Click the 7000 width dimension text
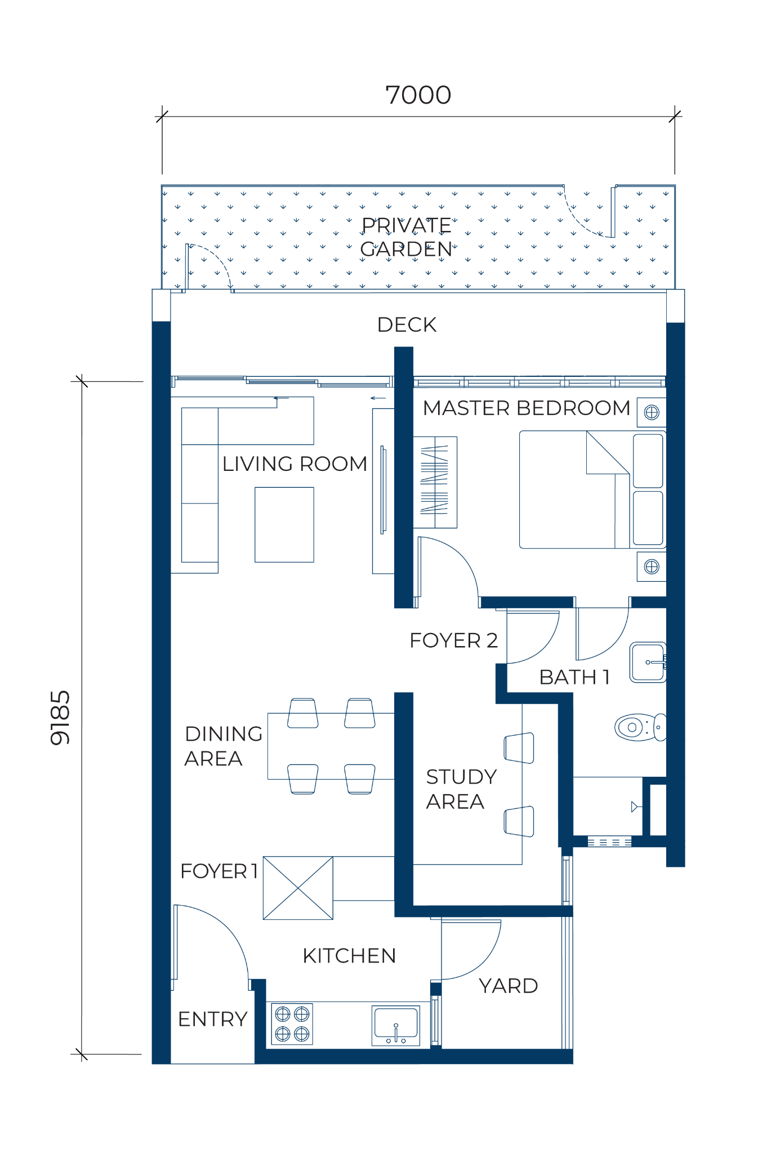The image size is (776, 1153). pyautogui.click(x=418, y=95)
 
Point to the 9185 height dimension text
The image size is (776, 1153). pyautogui.click(x=60, y=718)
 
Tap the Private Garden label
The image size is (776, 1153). pyautogui.click(x=406, y=237)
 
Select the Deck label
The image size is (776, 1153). pyautogui.click(x=407, y=324)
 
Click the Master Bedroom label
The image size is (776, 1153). pyautogui.click(x=527, y=408)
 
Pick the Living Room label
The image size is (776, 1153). pyautogui.click(x=295, y=464)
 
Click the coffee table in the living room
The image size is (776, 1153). pyautogui.click(x=284, y=524)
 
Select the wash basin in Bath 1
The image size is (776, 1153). pyautogui.click(x=648, y=662)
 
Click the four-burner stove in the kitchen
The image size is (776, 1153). pyautogui.click(x=292, y=1023)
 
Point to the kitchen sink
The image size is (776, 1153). pyautogui.click(x=396, y=1026)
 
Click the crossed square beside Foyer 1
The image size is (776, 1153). pyautogui.click(x=298, y=888)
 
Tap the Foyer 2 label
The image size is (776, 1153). pyautogui.click(x=454, y=640)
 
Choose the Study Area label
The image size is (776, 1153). pyautogui.click(x=461, y=789)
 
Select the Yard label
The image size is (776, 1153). pyautogui.click(x=509, y=986)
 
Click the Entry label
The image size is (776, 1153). pyautogui.click(x=213, y=1019)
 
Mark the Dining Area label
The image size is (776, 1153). pyautogui.click(x=224, y=746)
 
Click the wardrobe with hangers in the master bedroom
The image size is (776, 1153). pyautogui.click(x=435, y=482)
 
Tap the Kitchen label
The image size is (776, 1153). pyautogui.click(x=349, y=956)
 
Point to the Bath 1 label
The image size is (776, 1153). pyautogui.click(x=574, y=677)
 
